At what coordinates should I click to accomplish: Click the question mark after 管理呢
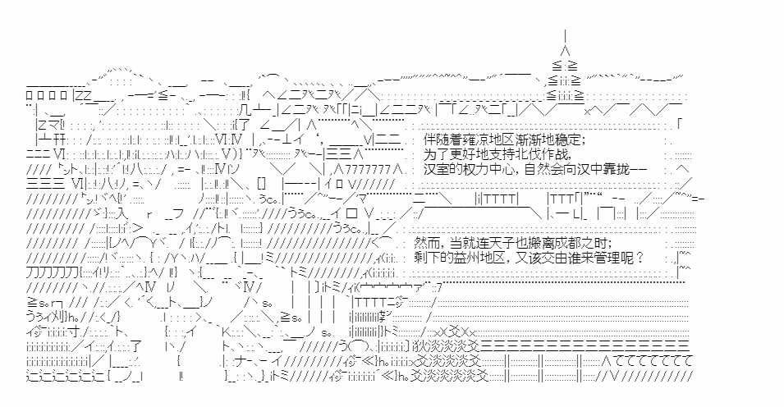click(x=641, y=258)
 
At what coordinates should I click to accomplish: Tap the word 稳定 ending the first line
click(x=568, y=139)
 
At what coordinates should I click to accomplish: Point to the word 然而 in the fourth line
click(x=427, y=244)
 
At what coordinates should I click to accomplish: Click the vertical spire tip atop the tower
click(x=565, y=31)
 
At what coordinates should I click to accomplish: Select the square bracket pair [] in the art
click(x=261, y=184)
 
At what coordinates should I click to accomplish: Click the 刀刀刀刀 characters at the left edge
click(x=52, y=273)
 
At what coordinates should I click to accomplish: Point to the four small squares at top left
click(x=46, y=95)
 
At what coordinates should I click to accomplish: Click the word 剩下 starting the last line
click(x=427, y=258)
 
